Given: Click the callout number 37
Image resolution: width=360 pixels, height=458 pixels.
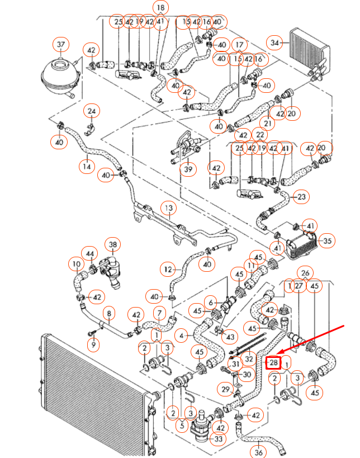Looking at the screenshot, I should [x=60, y=44].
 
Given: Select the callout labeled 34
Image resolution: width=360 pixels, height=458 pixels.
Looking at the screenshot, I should [x=275, y=43].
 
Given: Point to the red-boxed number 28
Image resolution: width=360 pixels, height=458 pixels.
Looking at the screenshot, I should [x=273, y=362].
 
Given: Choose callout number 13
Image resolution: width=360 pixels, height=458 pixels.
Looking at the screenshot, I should [x=168, y=208].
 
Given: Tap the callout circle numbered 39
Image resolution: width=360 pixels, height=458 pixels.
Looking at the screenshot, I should [x=188, y=169].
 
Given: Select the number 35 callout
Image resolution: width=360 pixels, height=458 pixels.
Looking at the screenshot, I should [x=328, y=242].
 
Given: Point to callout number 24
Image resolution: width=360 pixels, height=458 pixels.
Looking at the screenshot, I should [x=92, y=111].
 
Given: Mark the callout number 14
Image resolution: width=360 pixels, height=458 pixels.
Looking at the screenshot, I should [x=87, y=166].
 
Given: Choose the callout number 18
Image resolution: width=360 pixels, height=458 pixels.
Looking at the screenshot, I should [x=161, y=8].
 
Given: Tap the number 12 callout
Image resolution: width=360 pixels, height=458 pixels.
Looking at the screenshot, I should [x=168, y=270].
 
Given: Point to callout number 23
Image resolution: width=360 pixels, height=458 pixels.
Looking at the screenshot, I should [x=301, y=197].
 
